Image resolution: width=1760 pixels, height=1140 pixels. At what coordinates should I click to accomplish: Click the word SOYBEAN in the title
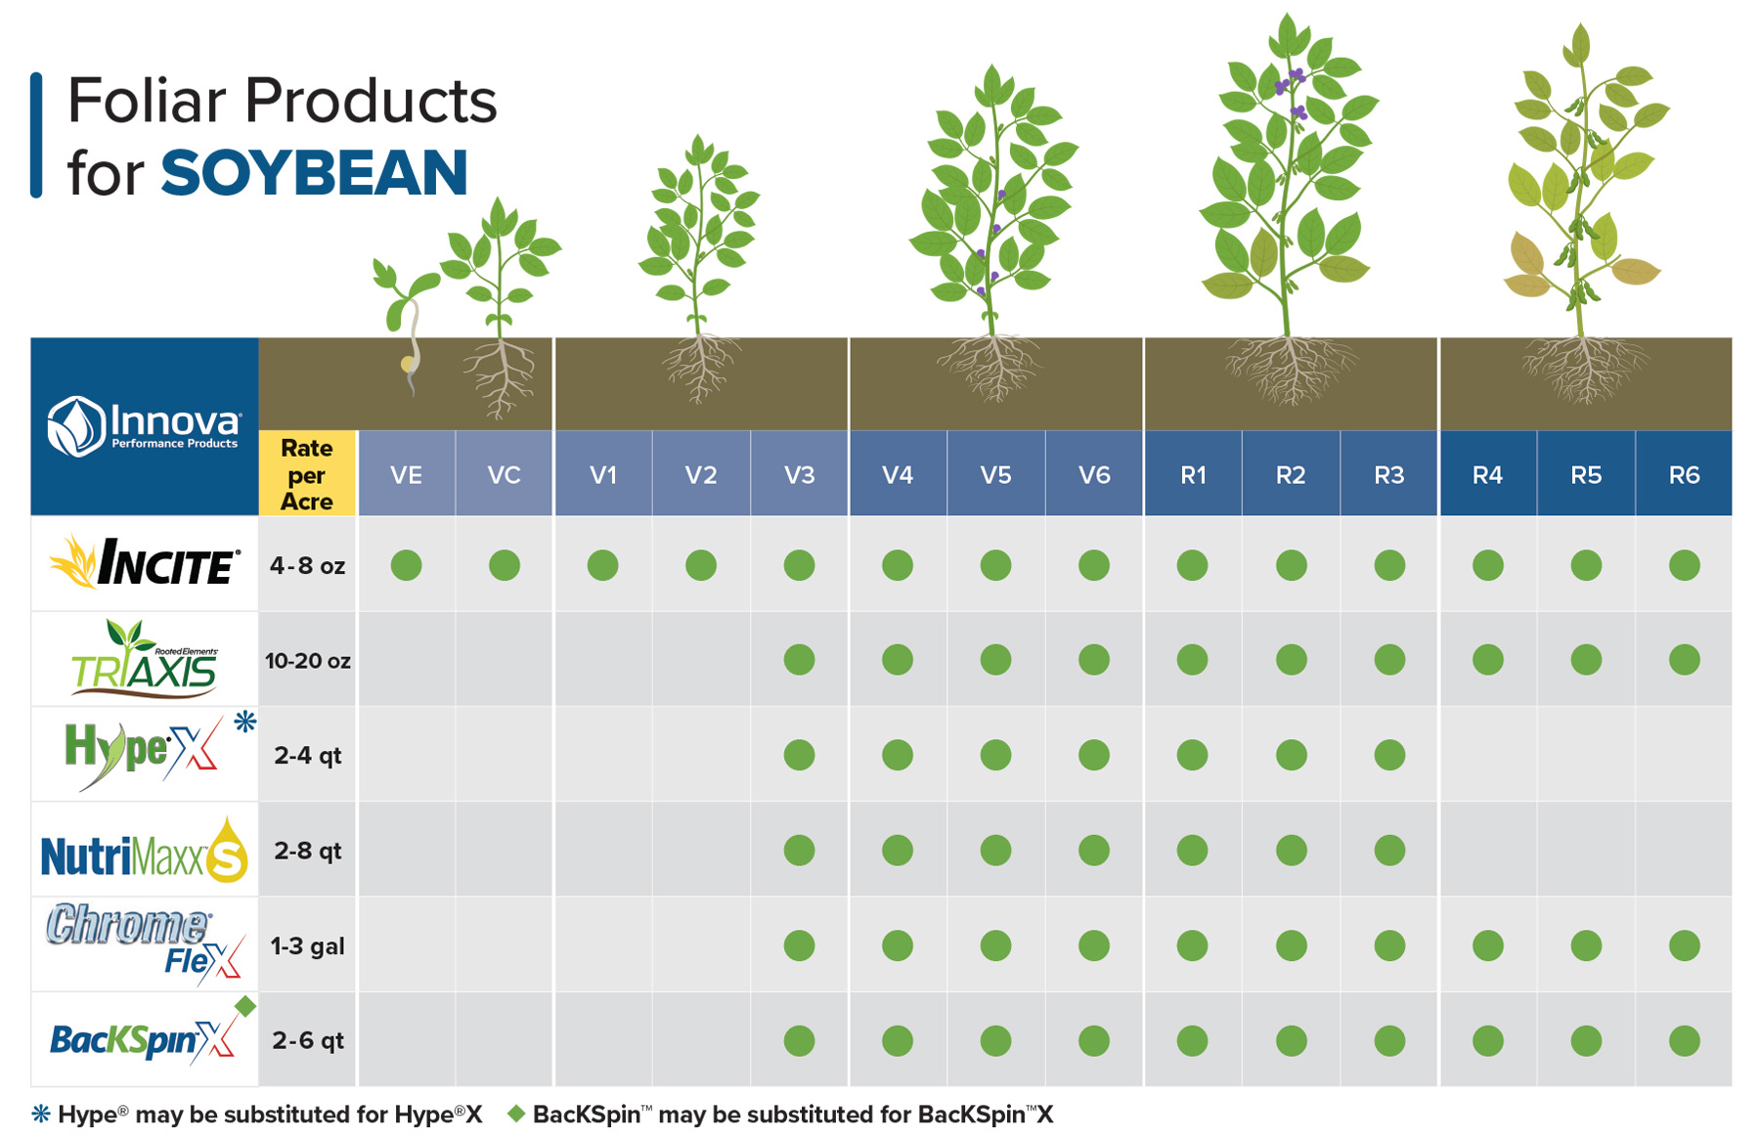tap(314, 173)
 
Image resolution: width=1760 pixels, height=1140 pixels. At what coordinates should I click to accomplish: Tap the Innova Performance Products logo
tap(144, 426)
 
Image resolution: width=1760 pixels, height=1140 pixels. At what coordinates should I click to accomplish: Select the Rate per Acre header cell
tap(307, 474)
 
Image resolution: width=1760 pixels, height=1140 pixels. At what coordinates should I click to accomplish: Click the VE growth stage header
tap(406, 475)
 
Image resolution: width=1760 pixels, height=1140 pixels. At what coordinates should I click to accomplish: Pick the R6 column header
tap(1684, 475)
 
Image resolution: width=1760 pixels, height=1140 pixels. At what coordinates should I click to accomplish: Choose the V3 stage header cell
tap(799, 475)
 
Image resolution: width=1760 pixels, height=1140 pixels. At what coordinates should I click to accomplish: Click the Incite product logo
tap(145, 563)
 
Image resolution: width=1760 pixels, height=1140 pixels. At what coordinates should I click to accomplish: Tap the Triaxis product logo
tap(145, 659)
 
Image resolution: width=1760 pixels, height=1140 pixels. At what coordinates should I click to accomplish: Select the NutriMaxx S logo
tap(145, 851)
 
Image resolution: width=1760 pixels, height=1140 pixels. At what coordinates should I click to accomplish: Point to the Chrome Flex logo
tap(145, 943)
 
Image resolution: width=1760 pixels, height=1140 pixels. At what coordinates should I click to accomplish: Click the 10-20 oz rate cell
tap(307, 661)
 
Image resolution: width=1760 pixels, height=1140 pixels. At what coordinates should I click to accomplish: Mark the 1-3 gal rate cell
tap(307, 946)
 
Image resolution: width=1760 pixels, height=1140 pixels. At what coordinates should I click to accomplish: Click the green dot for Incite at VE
tap(406, 565)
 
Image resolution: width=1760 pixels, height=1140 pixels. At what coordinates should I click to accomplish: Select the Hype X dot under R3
tap(1389, 755)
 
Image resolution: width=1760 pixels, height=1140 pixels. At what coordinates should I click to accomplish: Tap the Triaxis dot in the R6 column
tap(1684, 660)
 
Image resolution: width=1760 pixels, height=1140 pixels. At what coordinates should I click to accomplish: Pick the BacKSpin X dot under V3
tap(799, 1041)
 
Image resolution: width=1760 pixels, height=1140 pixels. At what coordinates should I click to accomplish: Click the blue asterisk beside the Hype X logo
tap(244, 722)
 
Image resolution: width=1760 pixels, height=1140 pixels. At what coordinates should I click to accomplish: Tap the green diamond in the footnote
tap(516, 1114)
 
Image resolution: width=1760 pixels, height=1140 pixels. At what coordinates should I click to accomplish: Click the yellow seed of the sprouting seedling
tap(408, 365)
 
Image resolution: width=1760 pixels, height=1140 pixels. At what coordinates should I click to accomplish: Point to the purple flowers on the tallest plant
tap(1291, 83)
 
